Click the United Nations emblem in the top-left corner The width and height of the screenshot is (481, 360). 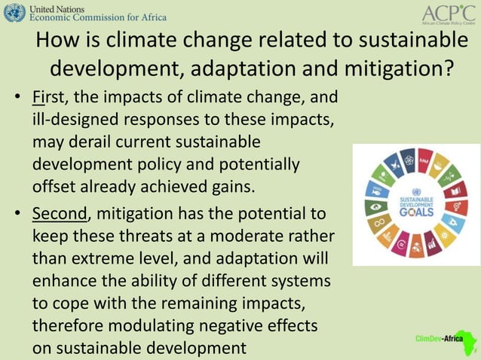pyautogui.click(x=14, y=13)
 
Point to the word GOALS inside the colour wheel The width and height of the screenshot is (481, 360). pyautogui.click(x=416, y=212)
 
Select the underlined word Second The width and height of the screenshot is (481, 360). pyautogui.click(x=60, y=214)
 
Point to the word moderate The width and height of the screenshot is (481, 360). pyautogui.click(x=239, y=236)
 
